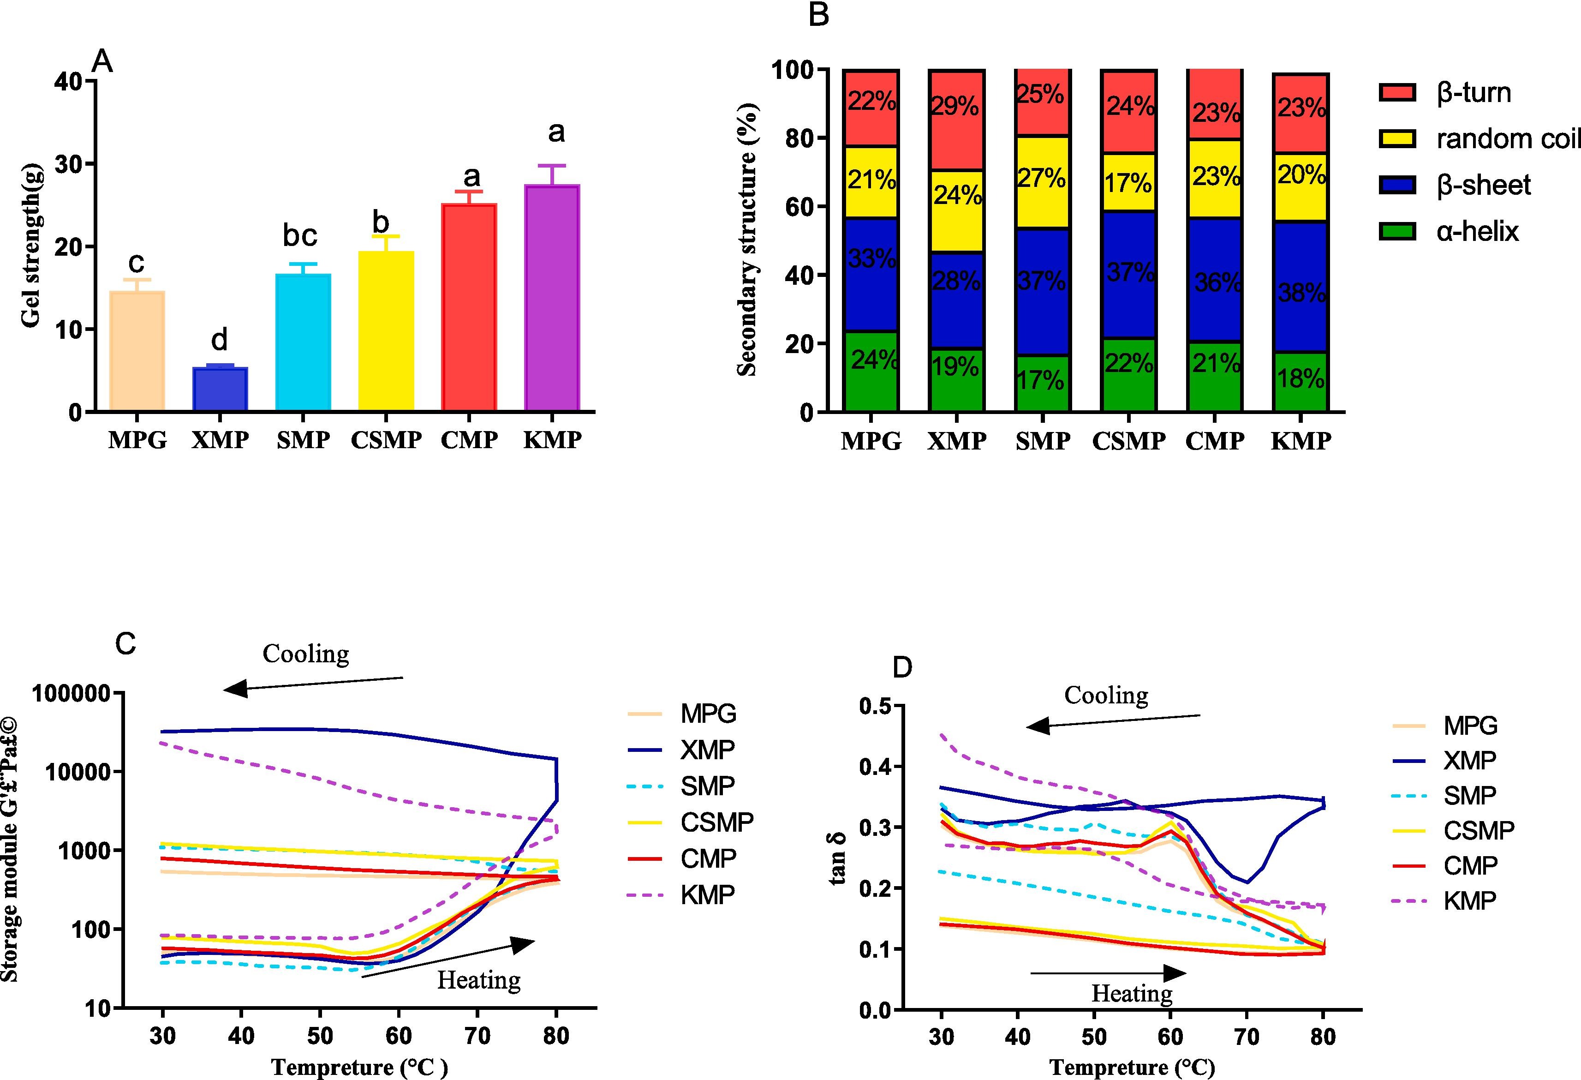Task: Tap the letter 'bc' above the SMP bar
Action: tap(300, 235)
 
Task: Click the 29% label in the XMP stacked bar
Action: tap(955, 106)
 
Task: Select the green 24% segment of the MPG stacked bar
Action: tap(871, 371)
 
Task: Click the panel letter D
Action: tap(902, 667)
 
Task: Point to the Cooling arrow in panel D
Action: tap(1113, 721)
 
